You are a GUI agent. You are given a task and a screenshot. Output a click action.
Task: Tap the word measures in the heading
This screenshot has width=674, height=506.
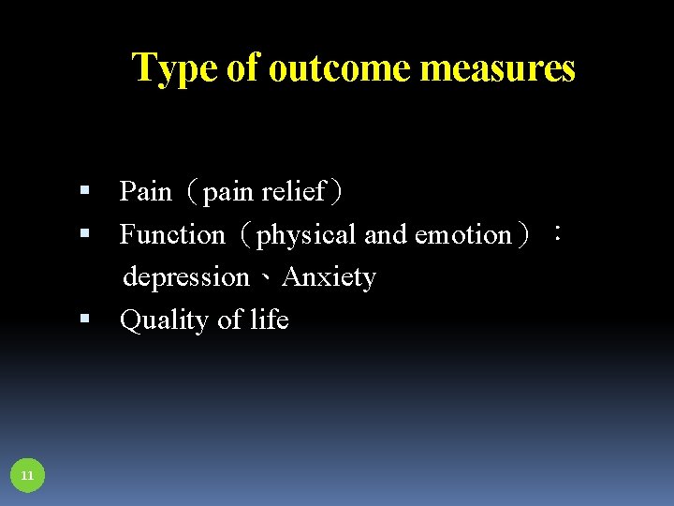497,69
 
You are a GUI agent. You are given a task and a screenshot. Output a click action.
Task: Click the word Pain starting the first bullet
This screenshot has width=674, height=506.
145,192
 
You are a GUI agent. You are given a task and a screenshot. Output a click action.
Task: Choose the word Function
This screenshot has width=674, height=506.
172,234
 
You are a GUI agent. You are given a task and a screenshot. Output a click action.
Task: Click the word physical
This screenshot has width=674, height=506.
307,235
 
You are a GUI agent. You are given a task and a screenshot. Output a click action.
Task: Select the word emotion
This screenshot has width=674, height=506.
463,234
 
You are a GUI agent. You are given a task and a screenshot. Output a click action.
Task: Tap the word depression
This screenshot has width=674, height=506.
186,277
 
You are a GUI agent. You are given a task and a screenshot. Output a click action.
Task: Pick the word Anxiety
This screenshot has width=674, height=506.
329,277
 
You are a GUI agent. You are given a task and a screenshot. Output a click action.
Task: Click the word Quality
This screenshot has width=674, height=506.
166,320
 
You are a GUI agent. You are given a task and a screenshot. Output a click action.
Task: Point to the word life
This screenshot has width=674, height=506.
270,320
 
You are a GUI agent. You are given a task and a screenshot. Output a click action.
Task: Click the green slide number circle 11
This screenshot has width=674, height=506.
27,476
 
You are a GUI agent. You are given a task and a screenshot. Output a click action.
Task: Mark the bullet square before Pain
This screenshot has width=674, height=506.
84,191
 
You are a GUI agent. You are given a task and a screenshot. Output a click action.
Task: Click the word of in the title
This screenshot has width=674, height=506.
242,69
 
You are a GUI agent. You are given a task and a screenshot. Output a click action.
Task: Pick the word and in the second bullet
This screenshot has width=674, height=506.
385,234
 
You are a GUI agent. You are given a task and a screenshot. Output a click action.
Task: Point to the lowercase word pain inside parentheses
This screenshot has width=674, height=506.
228,192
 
